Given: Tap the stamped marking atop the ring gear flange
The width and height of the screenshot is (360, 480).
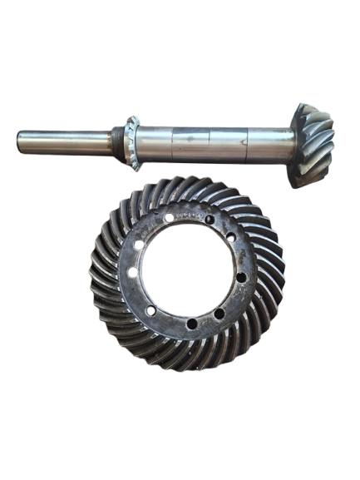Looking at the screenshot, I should click(189, 215).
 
